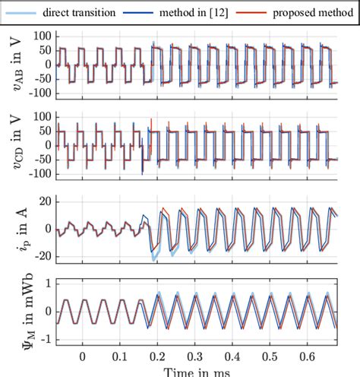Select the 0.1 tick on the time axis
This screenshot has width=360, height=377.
(x=120, y=355)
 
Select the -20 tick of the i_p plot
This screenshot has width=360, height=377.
(x=42, y=256)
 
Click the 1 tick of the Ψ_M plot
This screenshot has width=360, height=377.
(x=47, y=283)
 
